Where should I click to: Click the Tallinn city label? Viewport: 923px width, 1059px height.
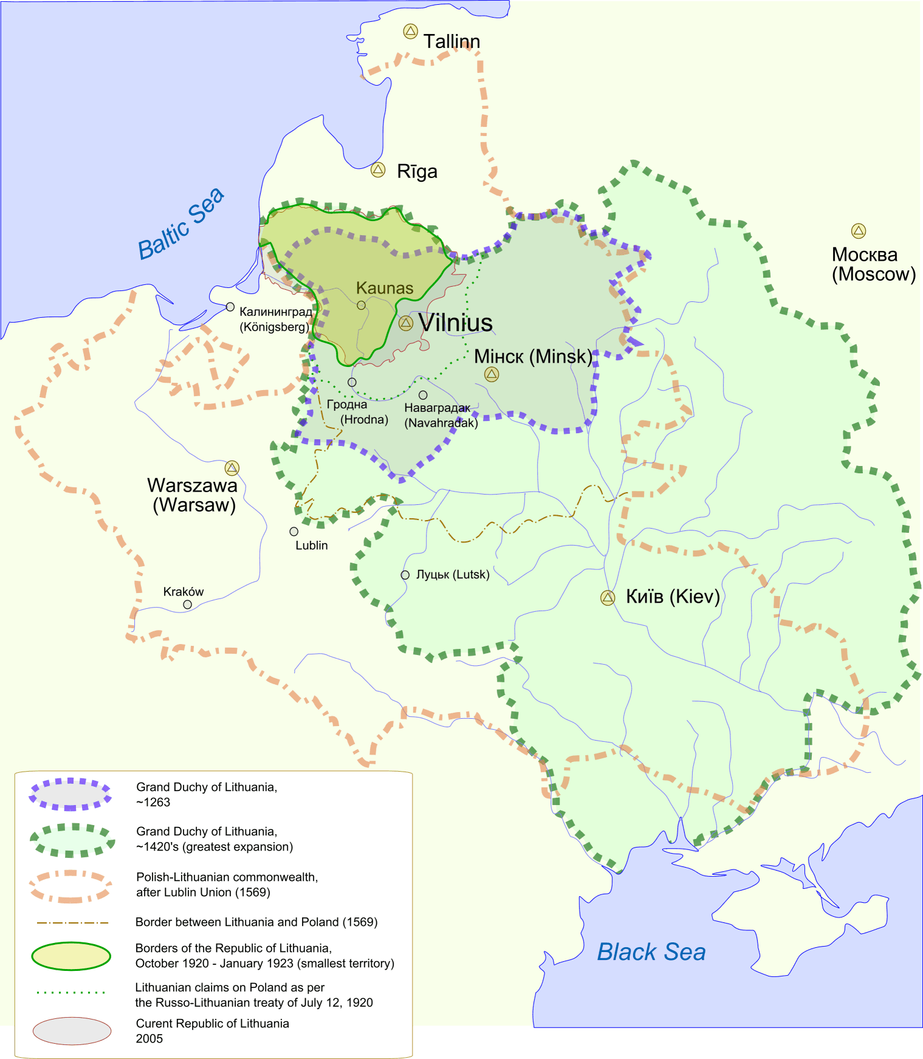(x=451, y=41)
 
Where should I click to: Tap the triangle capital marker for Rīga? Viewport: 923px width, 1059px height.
(x=378, y=170)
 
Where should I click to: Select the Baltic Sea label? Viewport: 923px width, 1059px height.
(x=181, y=224)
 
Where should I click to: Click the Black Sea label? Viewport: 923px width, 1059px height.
(x=651, y=952)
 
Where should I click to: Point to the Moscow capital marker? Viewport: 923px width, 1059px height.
(x=858, y=231)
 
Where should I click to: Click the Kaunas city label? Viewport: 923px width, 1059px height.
(x=385, y=288)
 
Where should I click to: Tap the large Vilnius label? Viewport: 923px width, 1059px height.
(x=456, y=323)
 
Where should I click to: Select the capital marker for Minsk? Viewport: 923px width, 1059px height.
(x=492, y=374)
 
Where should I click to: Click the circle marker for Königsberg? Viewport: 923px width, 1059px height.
(x=230, y=307)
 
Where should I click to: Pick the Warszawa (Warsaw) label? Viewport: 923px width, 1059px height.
(x=193, y=495)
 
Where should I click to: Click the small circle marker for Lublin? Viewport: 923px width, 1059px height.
(x=294, y=532)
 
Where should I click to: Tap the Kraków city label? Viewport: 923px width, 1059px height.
(x=184, y=592)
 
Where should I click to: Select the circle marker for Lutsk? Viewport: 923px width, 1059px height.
(x=405, y=575)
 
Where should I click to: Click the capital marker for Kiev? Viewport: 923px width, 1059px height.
(x=608, y=598)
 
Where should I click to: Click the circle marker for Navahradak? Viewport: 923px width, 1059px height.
(x=423, y=395)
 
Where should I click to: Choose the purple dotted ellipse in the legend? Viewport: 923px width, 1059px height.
(x=70, y=794)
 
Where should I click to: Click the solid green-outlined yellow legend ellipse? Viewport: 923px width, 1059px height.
(x=71, y=956)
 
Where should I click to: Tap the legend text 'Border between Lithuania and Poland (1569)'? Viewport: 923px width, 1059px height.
(x=256, y=922)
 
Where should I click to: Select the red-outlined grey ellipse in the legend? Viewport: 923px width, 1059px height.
(x=72, y=1031)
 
